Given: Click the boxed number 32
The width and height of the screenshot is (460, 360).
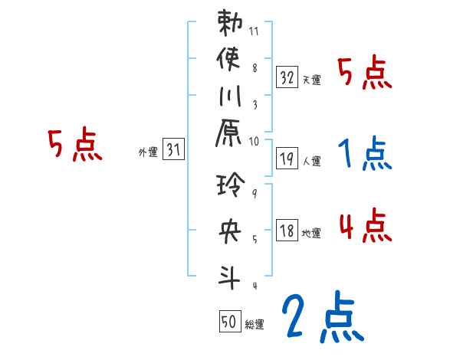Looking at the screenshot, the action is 287,77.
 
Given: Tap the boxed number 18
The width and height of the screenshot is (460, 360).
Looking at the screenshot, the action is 287,230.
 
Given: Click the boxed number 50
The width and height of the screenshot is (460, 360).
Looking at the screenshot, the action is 229,322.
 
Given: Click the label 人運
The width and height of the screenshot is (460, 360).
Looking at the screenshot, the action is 311,161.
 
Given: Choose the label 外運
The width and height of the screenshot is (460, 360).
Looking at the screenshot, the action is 147,152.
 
